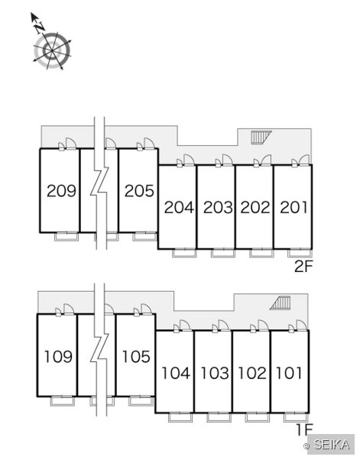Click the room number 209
(61, 191)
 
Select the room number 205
(139, 191)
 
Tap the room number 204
(179, 207)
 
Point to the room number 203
(218, 207)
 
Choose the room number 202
(255, 207)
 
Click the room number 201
(294, 207)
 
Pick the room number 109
(58, 357)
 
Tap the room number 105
(136, 357)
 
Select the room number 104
(176, 373)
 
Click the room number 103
(215, 373)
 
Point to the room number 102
(252, 373)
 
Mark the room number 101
(289, 373)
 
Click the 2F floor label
(304, 267)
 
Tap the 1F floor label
(304, 430)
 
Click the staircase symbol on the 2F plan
(261, 138)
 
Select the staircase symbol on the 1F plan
(281, 303)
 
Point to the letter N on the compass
(40, 28)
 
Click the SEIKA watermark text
(332, 445)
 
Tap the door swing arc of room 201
(304, 159)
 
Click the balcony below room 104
(180, 417)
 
